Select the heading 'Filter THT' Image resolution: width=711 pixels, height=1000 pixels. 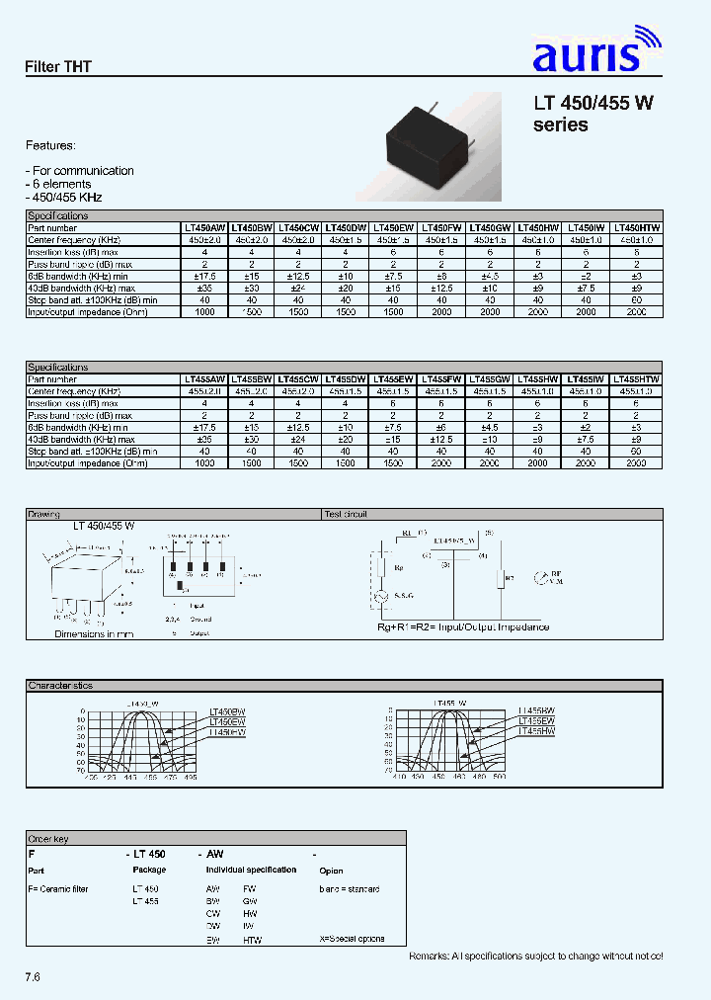58,67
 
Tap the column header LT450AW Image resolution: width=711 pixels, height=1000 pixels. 204,227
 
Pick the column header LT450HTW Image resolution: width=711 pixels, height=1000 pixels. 637,227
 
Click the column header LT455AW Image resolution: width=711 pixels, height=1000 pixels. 204,379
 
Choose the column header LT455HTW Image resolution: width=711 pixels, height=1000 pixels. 637,379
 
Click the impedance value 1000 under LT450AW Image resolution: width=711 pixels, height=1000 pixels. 204,311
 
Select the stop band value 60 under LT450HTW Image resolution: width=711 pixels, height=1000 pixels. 637,299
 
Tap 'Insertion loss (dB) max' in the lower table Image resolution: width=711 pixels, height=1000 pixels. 74,403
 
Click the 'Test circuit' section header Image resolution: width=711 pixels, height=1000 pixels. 346,514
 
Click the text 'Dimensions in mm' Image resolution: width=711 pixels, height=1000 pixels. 94,633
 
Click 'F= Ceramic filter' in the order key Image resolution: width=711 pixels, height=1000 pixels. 58,889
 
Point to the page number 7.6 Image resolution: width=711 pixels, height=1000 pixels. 33,976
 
